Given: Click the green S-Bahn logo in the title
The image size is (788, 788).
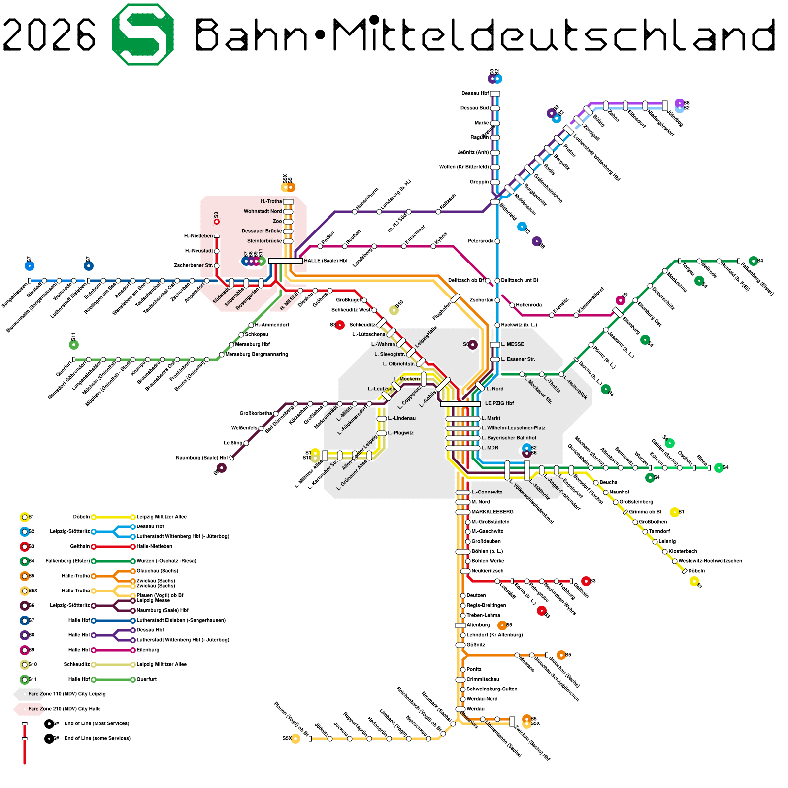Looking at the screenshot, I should coord(143,34).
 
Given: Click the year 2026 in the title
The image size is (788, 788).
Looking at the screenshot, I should coord(49,34).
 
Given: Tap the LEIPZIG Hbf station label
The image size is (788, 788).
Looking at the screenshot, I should coord(499,403).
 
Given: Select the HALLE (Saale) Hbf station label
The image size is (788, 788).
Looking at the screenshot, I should coord(326,261).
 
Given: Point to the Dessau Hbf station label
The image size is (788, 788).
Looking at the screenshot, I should coord(475,93).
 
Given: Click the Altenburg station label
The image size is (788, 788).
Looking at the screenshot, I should coord(478,625).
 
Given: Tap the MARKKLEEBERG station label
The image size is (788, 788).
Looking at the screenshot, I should coord(492,512).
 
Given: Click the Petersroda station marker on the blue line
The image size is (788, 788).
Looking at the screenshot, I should coord(497,241).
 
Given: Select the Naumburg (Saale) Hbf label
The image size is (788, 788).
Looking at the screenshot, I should coord(202,458).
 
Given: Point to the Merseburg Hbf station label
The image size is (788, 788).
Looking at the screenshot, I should coord(252,344).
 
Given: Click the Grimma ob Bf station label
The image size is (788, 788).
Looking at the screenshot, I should coord(645,512).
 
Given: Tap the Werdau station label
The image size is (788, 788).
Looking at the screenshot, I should coord(475,709).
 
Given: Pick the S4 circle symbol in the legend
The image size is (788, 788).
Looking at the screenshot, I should coord(25,561).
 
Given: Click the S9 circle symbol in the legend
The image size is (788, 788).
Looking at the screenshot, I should coord(25,650).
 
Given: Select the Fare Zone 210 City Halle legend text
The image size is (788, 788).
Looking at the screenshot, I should coord(64,709).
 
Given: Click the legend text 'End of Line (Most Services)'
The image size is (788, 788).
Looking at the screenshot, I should coord(97,723).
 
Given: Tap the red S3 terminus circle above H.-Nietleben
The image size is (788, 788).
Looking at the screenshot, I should coord(217,222).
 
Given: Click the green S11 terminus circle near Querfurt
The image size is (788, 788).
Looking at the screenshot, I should coord(74,344).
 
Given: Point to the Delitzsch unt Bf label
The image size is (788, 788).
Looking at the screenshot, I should coord(520,280).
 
